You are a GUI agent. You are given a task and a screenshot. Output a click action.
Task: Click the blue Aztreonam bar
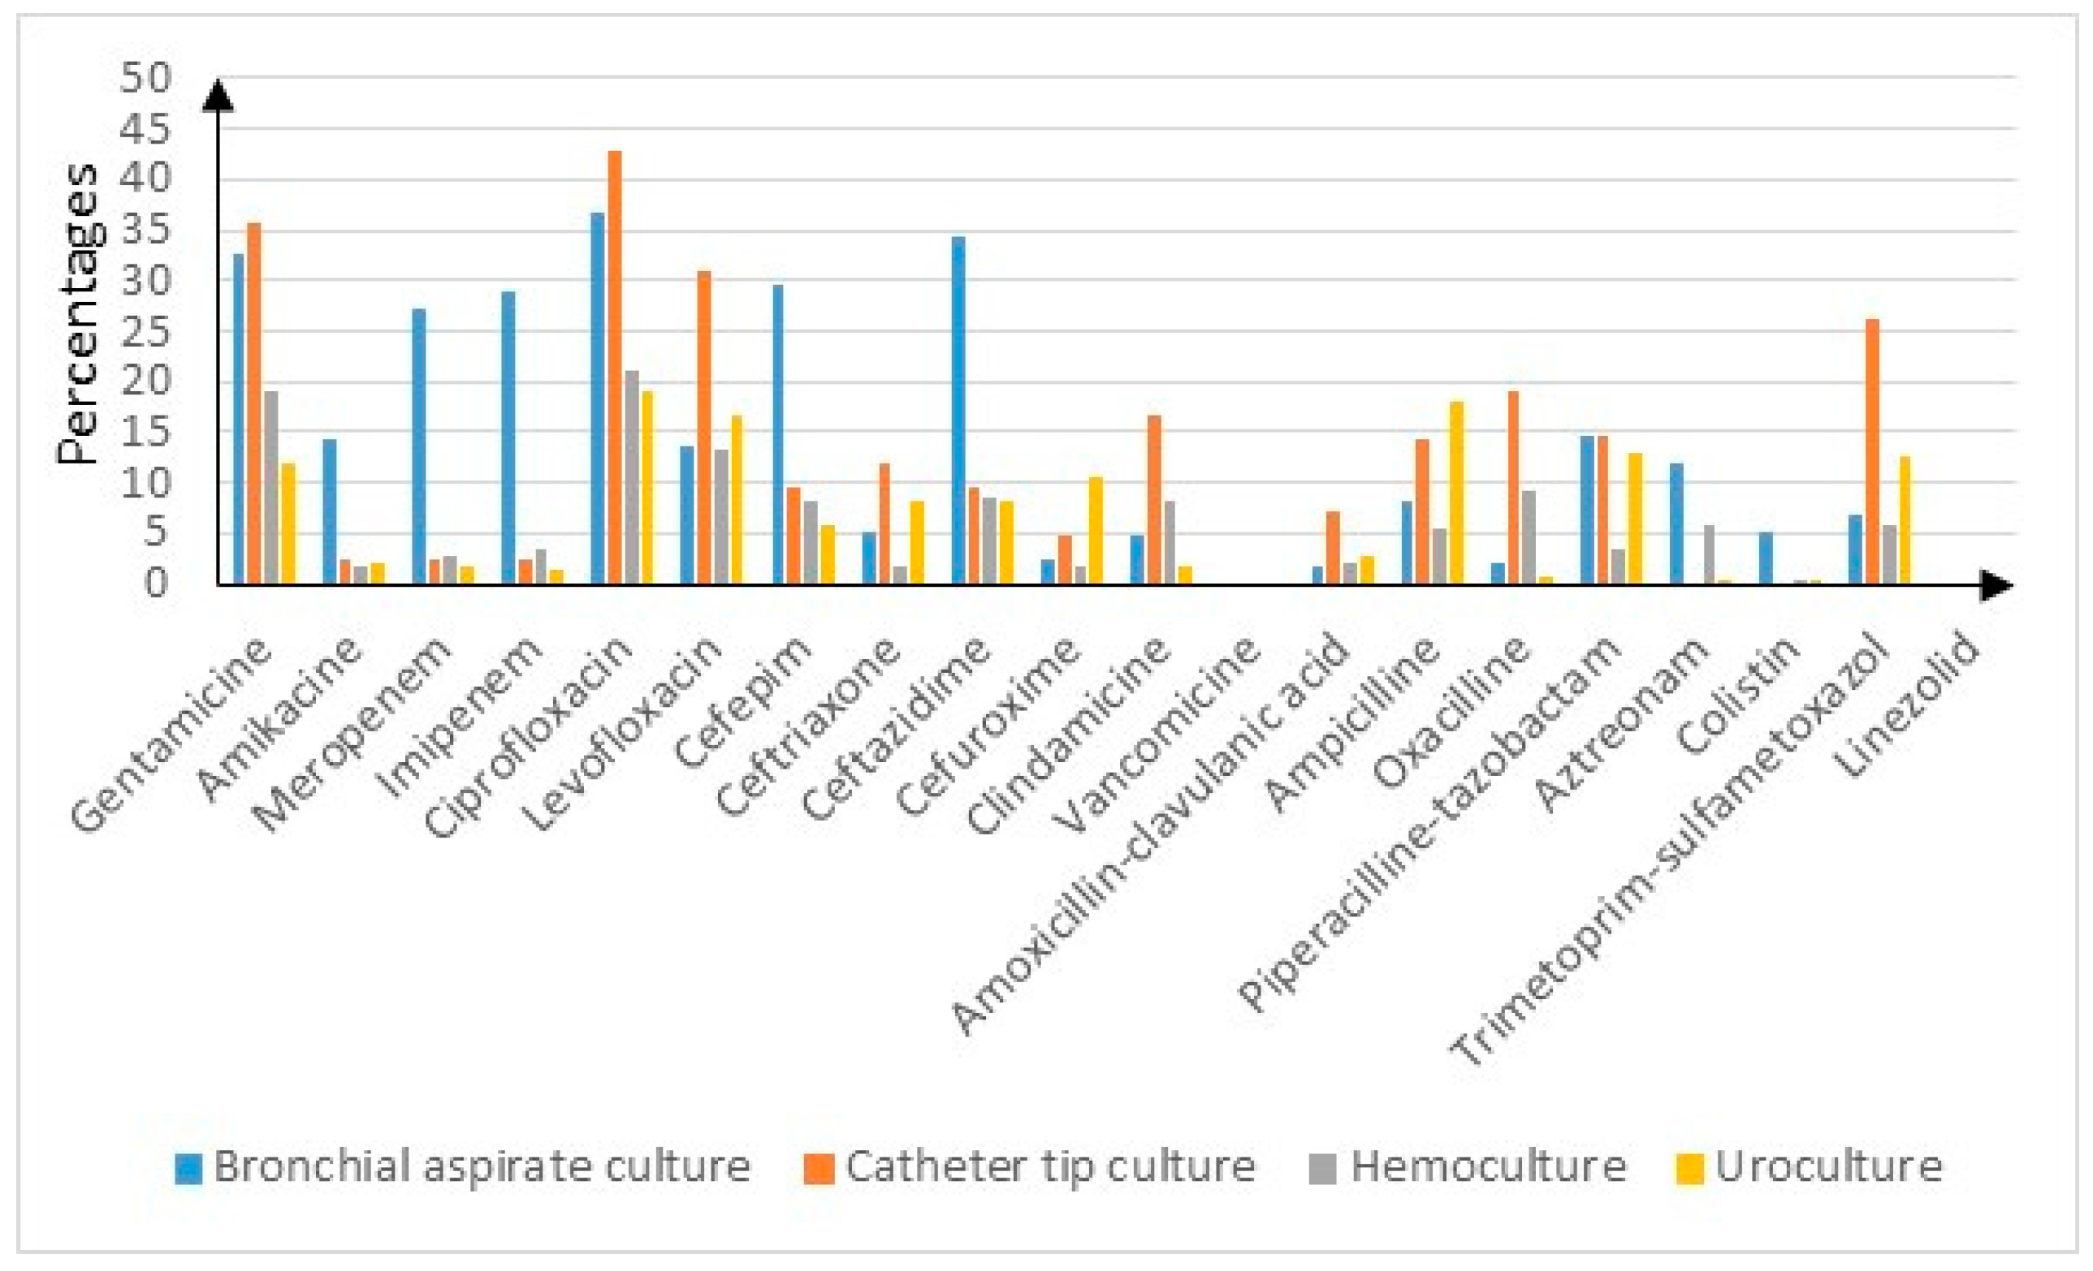1676,523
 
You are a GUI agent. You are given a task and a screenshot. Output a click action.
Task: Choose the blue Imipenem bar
508,437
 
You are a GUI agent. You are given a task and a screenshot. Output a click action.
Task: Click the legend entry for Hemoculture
1467,1165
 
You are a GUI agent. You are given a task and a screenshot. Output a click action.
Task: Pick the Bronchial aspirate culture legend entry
463,1165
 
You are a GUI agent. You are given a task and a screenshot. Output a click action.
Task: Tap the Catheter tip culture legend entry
1030,1165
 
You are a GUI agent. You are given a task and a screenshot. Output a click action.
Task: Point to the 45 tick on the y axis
146,129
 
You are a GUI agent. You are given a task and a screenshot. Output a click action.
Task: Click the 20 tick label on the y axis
146,381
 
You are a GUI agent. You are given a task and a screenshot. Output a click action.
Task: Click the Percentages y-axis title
78,314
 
